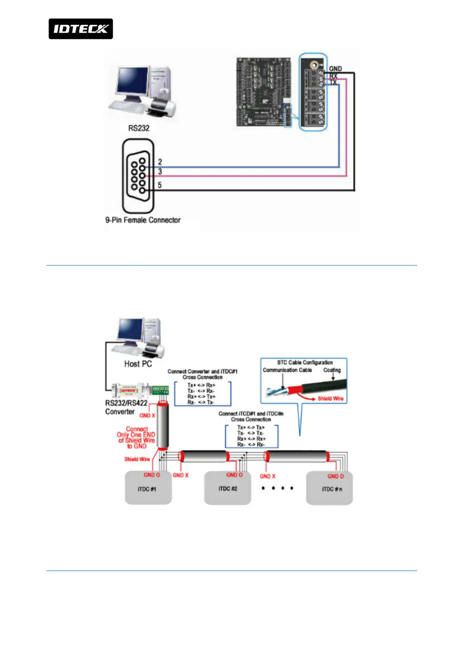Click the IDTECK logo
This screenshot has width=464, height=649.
point(81,29)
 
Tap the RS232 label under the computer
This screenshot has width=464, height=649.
point(139,128)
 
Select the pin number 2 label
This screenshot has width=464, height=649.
point(160,162)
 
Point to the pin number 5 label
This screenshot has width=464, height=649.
point(160,185)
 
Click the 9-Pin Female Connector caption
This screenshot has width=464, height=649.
point(143,220)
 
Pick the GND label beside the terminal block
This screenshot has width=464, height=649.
point(335,69)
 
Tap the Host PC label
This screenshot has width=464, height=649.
point(138,364)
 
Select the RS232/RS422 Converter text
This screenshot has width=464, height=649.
point(126,407)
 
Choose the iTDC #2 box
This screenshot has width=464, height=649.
point(227,489)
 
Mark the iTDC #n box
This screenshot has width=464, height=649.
point(329,489)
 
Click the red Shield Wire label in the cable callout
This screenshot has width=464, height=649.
point(330,398)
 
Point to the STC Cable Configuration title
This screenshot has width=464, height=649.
point(305,362)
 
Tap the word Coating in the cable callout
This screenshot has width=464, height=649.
point(332,370)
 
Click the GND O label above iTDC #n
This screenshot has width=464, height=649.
point(335,476)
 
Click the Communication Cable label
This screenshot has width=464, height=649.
point(287,370)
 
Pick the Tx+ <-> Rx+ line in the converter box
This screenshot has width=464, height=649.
point(201,385)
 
